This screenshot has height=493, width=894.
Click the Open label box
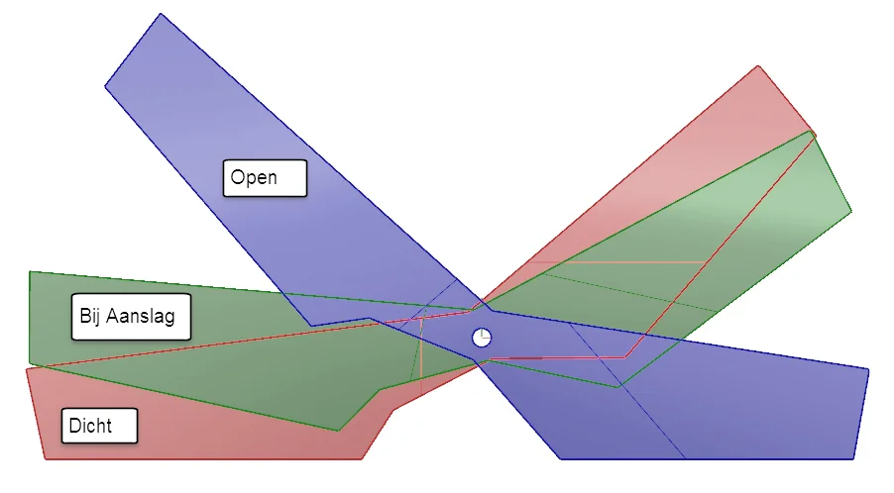pos(265,178)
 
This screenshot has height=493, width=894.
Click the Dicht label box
pos(98,427)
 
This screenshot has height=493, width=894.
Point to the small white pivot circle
pos(482,338)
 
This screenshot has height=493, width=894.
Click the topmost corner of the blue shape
pos(161,14)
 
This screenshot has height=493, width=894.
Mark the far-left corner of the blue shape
pos(105,87)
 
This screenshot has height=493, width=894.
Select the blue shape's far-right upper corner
pos(868,369)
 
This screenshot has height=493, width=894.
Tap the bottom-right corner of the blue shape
pos(853,458)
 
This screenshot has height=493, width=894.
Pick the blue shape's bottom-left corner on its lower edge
pos(562,458)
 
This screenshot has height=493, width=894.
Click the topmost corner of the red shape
pos(759,66)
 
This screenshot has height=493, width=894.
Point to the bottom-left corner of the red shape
pos(47,458)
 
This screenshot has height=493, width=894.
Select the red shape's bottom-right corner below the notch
pos(361,458)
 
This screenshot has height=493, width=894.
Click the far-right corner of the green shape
pos(850,211)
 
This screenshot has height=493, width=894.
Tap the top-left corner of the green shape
pos(31,271)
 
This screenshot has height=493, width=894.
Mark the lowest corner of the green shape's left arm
pos(339,431)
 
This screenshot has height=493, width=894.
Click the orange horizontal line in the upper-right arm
pos(615,262)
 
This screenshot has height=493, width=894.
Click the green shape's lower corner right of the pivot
pos(618,387)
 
